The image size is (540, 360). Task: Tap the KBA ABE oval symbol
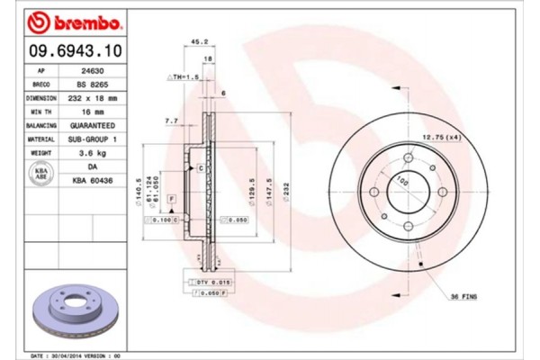(x=40, y=174)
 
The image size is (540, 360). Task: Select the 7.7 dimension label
(x=172, y=120)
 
